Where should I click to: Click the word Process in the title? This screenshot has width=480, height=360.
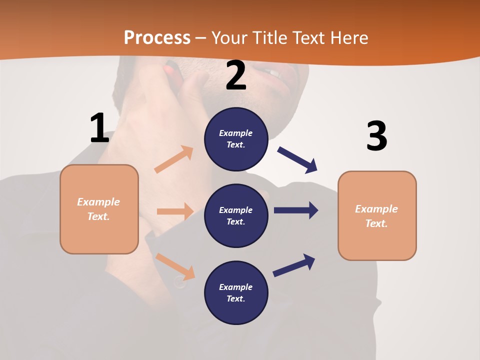[x=157, y=37]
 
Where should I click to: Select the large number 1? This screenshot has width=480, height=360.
[x=99, y=128]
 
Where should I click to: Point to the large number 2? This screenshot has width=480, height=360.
[x=236, y=76]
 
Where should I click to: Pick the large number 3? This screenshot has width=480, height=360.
[x=376, y=136]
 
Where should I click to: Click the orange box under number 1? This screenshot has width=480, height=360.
[x=99, y=209]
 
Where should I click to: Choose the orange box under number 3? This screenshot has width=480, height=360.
[x=377, y=215]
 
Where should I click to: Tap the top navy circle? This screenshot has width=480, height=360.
[x=236, y=139]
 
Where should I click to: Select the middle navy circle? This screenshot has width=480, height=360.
[x=236, y=215]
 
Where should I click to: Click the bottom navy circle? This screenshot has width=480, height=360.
[x=236, y=292]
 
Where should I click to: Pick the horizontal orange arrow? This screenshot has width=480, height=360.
[x=175, y=211]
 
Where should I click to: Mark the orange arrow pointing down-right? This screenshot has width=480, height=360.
[x=175, y=266]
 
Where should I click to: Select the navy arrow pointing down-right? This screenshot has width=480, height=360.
[x=297, y=159]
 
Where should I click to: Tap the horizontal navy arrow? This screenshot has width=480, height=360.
[x=296, y=210]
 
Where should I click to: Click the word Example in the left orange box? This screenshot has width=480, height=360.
[x=98, y=202]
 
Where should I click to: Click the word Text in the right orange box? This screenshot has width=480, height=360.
[x=375, y=223]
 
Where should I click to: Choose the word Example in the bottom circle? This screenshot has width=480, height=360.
[x=235, y=287]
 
